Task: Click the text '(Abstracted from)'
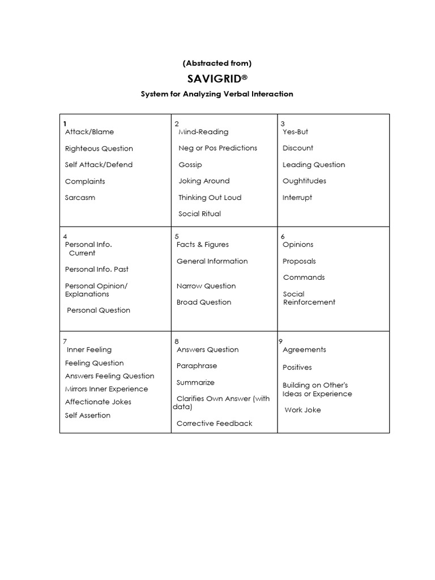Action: (x=217, y=63)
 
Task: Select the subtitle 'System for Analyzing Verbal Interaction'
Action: (x=217, y=94)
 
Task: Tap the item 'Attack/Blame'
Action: (x=89, y=132)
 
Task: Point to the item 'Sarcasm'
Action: (x=80, y=198)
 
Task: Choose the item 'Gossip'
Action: (x=190, y=165)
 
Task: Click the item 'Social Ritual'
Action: (x=199, y=214)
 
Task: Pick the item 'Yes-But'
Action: (x=296, y=132)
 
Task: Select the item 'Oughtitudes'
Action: (x=305, y=181)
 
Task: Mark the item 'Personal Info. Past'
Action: (x=97, y=270)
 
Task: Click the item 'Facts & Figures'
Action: (x=203, y=245)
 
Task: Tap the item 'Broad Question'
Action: (x=204, y=302)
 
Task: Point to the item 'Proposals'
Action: (x=300, y=262)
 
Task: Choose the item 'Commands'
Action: (x=304, y=278)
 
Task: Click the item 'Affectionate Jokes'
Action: (x=98, y=402)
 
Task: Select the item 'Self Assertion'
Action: (x=88, y=416)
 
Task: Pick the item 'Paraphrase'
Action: (x=197, y=366)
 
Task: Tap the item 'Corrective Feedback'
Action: (x=215, y=424)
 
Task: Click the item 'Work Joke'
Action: (x=303, y=410)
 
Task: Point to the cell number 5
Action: (x=177, y=236)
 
